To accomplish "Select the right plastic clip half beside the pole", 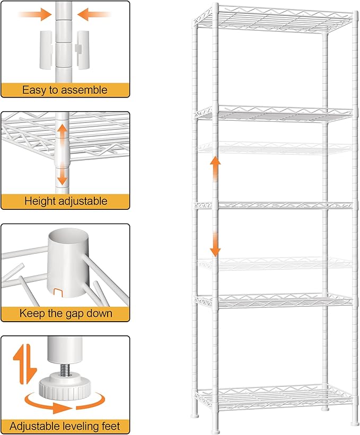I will click(x=83, y=49).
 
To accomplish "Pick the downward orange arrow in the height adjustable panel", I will click(x=63, y=174).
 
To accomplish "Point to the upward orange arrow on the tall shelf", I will click(x=215, y=167).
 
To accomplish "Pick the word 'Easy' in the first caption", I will click(x=33, y=90).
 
